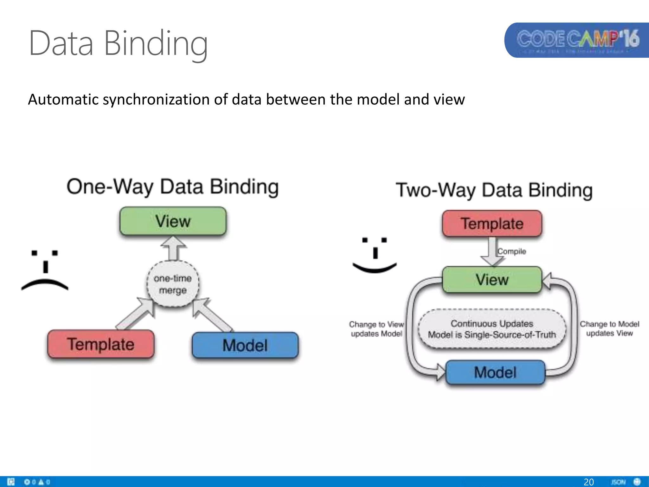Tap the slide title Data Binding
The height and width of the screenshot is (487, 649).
click(x=118, y=43)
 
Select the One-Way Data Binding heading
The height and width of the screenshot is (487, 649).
click(x=173, y=187)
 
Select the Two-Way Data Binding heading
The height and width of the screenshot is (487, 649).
click(x=494, y=190)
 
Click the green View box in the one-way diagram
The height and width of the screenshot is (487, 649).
click(x=173, y=221)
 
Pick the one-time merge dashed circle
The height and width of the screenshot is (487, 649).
click(x=173, y=284)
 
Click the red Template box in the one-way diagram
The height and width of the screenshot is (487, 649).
click(x=101, y=344)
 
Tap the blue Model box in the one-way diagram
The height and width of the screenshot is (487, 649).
click(x=245, y=345)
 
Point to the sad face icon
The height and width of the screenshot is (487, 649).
click(x=45, y=270)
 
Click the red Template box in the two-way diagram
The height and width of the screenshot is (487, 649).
click(x=492, y=224)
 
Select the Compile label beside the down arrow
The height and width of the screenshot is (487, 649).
click(x=511, y=251)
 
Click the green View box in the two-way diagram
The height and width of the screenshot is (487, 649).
click(x=492, y=280)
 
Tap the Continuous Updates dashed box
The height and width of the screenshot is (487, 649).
click(x=492, y=329)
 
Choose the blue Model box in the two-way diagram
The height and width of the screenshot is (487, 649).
click(x=495, y=372)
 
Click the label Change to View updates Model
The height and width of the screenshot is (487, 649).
click(x=376, y=329)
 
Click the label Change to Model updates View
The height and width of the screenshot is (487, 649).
click(x=609, y=328)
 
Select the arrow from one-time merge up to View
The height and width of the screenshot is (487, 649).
click(x=173, y=249)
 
